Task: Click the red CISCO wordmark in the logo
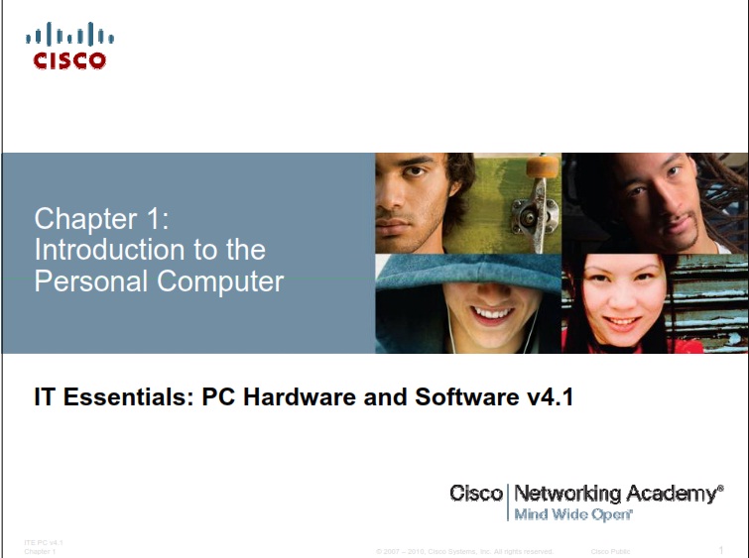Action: click(x=69, y=60)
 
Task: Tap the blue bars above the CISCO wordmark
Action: click(x=69, y=37)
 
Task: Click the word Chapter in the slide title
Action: click(x=88, y=218)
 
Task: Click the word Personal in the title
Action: click(x=85, y=280)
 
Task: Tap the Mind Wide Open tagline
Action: click(x=572, y=515)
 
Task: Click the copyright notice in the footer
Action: click(x=464, y=551)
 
